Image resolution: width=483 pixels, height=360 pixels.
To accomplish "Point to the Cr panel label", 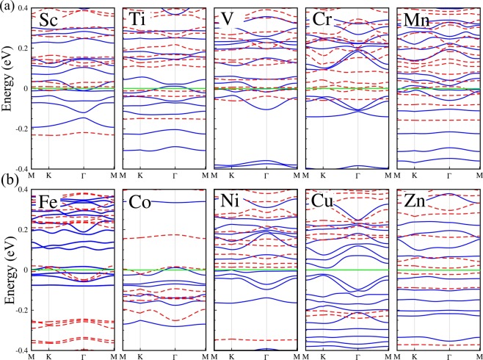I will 322,19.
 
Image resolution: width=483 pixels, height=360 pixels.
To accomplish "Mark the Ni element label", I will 230,201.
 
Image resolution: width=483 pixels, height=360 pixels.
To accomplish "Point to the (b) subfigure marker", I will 7,179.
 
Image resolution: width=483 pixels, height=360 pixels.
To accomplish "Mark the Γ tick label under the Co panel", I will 175,356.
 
